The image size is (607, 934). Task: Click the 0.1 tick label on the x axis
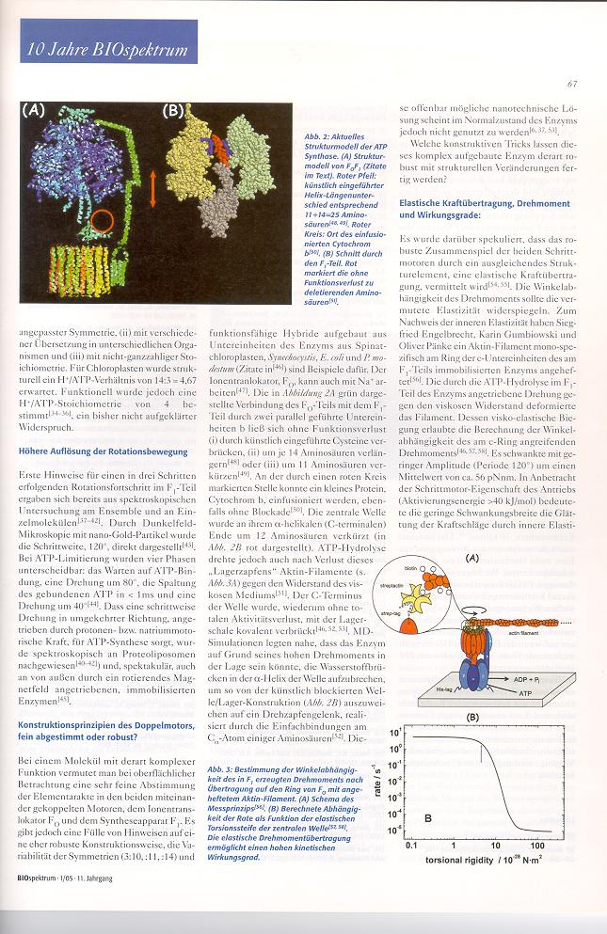click(410, 846)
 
